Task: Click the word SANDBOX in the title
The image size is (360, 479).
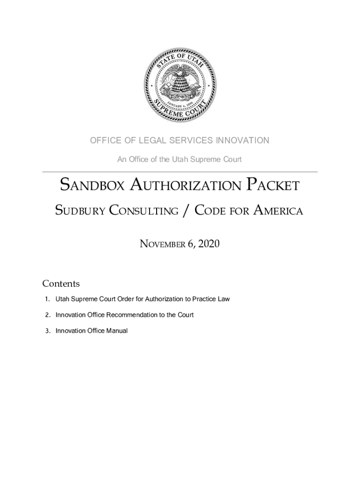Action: pos(93,186)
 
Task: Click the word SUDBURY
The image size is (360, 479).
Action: pos(79,211)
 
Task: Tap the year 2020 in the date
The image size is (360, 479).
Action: pos(209,244)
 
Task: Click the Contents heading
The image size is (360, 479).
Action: pos(61,283)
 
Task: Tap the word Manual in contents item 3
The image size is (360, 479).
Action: pos(117,331)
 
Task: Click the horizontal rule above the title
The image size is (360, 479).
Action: pos(180,172)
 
